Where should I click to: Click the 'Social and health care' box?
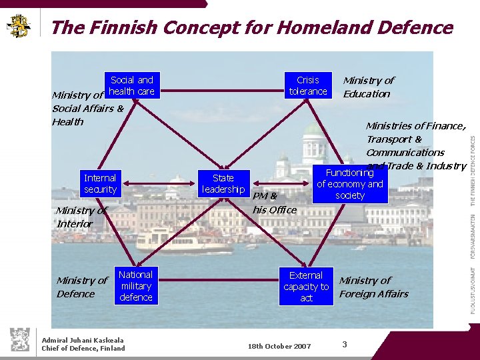tap(131, 85)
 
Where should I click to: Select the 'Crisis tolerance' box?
tap(308, 85)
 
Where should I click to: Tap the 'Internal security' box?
tap(100, 183)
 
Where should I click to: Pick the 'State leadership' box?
tap(223, 183)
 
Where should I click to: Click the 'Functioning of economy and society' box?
tap(350, 184)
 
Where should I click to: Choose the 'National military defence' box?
tap(136, 286)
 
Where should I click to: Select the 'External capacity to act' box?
tap(306, 287)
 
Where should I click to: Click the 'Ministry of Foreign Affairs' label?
tap(373, 287)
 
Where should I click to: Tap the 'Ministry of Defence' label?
tap(81, 287)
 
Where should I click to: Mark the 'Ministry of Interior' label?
tap(81, 217)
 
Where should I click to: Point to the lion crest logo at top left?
tap(19, 25)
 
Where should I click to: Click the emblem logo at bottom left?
tap(19, 339)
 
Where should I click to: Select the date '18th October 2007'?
tap(279, 346)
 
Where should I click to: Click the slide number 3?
tap(345, 344)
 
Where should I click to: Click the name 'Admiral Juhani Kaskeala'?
tap(83, 340)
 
